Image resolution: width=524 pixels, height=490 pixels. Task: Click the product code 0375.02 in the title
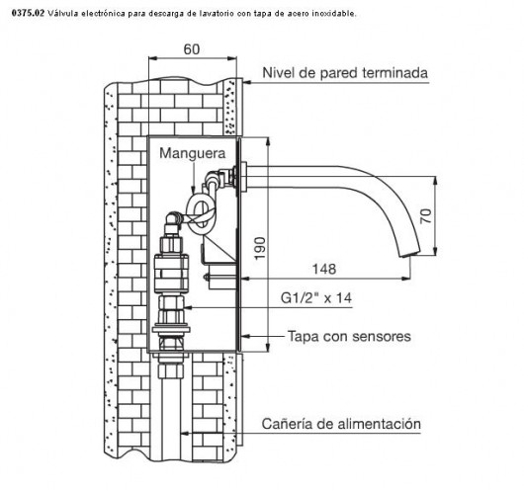coord(28,14)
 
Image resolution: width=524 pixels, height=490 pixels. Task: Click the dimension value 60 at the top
coord(192,49)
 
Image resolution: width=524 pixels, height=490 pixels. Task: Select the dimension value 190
coord(260,248)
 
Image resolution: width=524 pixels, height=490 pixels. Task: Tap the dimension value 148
coord(324,269)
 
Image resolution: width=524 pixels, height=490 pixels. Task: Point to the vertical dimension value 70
coord(426,215)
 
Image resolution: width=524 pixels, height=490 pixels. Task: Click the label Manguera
coord(193,153)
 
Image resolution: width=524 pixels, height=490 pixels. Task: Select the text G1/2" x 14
coord(316,297)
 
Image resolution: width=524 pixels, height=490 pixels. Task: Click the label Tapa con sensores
coord(349,336)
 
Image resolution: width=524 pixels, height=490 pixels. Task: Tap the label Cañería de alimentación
coord(341,424)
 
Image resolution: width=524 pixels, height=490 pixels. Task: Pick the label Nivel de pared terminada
coord(345,72)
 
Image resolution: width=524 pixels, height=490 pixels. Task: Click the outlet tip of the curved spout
coord(409,255)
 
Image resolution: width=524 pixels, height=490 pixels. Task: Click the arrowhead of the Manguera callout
coord(193,191)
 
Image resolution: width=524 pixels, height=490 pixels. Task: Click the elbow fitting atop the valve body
coord(173,221)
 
